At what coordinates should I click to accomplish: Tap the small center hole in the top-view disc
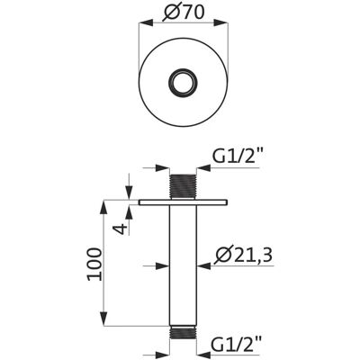[x=183, y=82]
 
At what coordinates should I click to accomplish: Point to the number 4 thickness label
[x=121, y=229]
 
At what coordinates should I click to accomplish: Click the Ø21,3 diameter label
[x=244, y=256]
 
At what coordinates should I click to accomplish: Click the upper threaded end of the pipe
[x=183, y=186]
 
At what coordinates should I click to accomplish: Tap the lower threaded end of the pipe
[x=183, y=332]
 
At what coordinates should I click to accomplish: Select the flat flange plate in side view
[x=183, y=202]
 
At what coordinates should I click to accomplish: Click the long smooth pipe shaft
[x=183, y=265]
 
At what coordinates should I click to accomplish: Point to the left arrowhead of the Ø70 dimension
[x=146, y=23]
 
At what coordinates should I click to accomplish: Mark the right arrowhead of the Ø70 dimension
[x=220, y=23]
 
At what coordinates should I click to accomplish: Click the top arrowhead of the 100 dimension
[x=103, y=206]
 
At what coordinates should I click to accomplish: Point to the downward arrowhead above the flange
[x=129, y=192]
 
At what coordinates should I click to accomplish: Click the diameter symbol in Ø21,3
[x=223, y=256]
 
